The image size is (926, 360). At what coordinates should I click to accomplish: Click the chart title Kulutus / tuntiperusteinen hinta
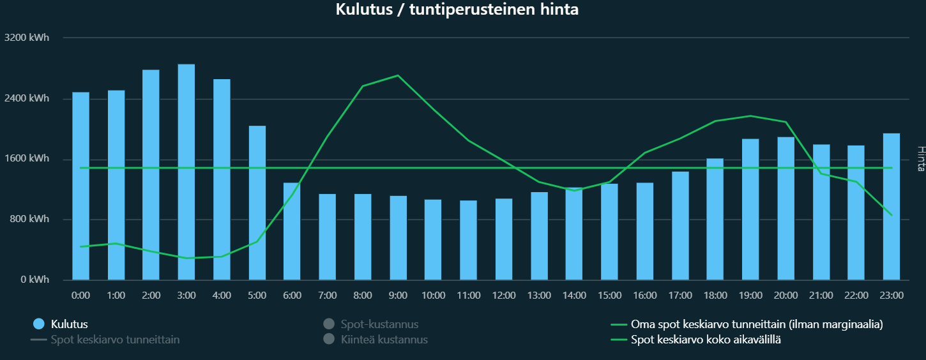tap(457, 10)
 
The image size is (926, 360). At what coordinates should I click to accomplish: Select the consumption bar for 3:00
tap(186, 172)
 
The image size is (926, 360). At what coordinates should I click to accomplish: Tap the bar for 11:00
tap(468, 240)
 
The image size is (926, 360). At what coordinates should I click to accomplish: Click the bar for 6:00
tap(292, 231)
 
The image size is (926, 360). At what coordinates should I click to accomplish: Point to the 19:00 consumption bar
tap(750, 209)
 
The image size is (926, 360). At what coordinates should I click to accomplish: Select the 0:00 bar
tap(80, 186)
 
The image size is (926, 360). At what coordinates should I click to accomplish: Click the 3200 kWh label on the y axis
tap(26, 38)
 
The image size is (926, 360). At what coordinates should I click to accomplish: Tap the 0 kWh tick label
tap(34, 280)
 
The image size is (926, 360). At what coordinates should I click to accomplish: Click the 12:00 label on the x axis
tap(504, 296)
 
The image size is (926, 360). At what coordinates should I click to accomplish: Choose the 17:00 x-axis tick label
tap(680, 296)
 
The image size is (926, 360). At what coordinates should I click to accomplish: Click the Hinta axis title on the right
tap(920, 158)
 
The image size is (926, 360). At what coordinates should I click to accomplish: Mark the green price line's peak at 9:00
tap(398, 75)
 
